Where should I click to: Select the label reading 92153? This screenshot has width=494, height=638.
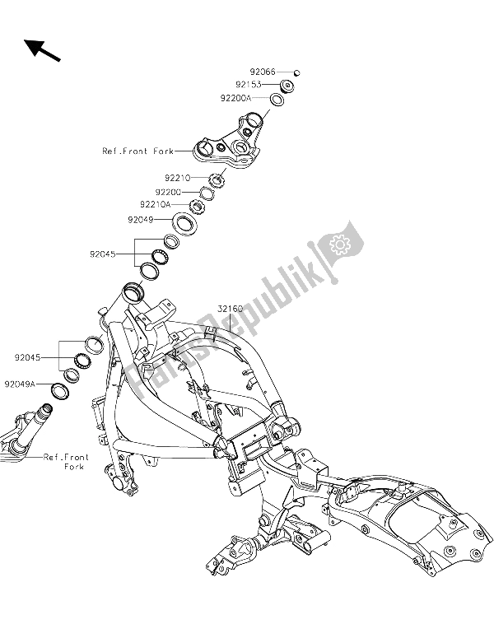pyautogui.click(x=249, y=85)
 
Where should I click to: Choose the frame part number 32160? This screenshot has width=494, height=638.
pyautogui.click(x=231, y=310)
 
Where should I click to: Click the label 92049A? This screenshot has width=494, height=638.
pyautogui.click(x=20, y=384)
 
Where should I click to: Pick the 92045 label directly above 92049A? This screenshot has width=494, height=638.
pyautogui.click(x=27, y=358)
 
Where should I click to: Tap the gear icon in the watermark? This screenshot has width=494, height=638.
pyautogui.click(x=337, y=244)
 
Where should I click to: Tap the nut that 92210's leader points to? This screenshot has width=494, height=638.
pyautogui.click(x=217, y=179)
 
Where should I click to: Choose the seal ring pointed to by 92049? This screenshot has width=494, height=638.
pyautogui.click(x=186, y=223)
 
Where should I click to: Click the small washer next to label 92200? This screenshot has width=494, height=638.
pyautogui.click(x=207, y=193)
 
